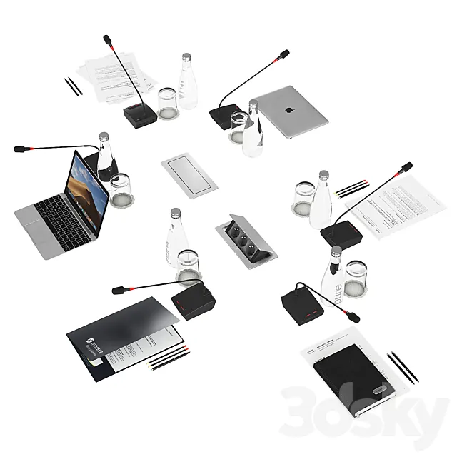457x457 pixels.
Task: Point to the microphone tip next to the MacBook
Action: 21,149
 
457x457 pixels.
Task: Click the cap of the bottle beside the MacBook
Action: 104,136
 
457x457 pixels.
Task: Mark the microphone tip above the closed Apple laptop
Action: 284,54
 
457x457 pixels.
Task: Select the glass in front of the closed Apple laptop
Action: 240,127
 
